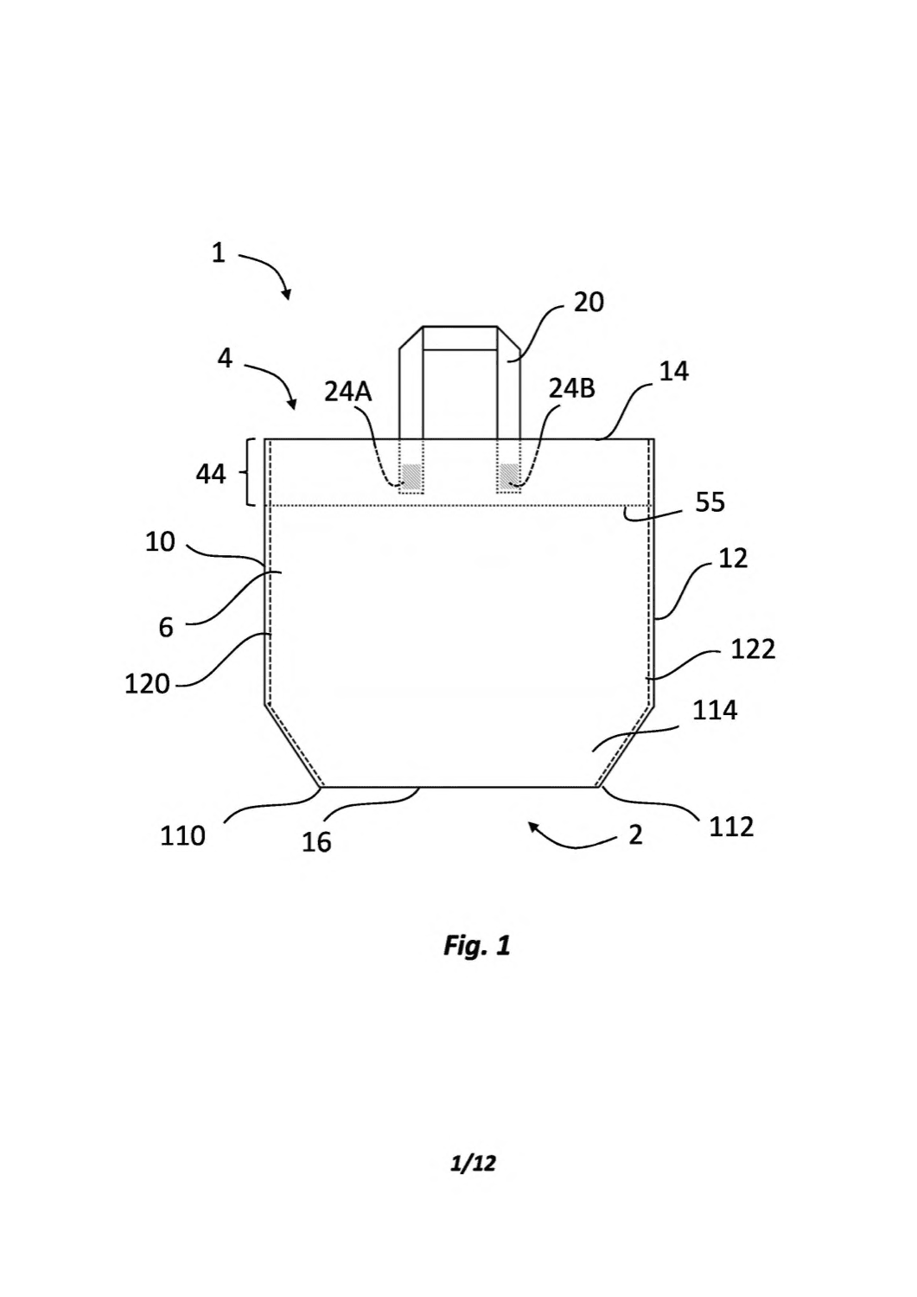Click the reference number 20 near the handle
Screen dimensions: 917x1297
coord(589,303)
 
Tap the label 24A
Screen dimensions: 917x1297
coord(347,392)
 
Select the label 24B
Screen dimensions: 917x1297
coord(572,389)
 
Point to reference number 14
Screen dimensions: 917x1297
coord(674,372)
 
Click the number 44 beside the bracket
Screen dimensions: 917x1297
coord(211,475)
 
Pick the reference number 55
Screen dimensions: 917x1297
coord(710,502)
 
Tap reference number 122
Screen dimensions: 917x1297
coord(753,649)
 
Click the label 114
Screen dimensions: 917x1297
coord(715,710)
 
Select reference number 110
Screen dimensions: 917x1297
coord(182,836)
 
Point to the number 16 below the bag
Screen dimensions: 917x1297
coord(316,842)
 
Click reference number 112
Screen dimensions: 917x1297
coord(732,827)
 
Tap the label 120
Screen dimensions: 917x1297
coord(147,685)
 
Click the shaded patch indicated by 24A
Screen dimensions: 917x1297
coord(411,476)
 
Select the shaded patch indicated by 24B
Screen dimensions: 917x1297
coord(509,476)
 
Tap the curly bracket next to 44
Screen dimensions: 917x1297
coord(252,472)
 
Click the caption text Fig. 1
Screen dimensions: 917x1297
coord(477,946)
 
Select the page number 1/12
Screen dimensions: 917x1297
coord(473,1163)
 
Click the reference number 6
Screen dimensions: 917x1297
coord(166,628)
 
